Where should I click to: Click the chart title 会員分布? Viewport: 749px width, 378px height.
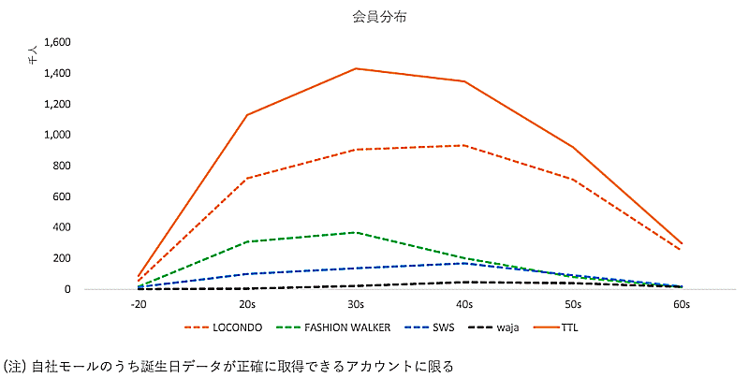[374, 16]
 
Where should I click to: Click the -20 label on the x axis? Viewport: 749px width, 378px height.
[139, 305]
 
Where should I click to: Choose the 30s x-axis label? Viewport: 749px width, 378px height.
[356, 305]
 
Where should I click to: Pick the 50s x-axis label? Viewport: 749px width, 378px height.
[573, 305]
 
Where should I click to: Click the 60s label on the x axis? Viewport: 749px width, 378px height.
[682, 305]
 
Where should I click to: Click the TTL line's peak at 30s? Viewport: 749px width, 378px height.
[356, 68]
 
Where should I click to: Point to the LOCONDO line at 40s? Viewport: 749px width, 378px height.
[464, 145]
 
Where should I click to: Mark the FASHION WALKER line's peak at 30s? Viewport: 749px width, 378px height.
[356, 232]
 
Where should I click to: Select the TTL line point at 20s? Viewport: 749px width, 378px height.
[247, 115]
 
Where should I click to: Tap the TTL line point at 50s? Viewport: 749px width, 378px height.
[573, 147]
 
